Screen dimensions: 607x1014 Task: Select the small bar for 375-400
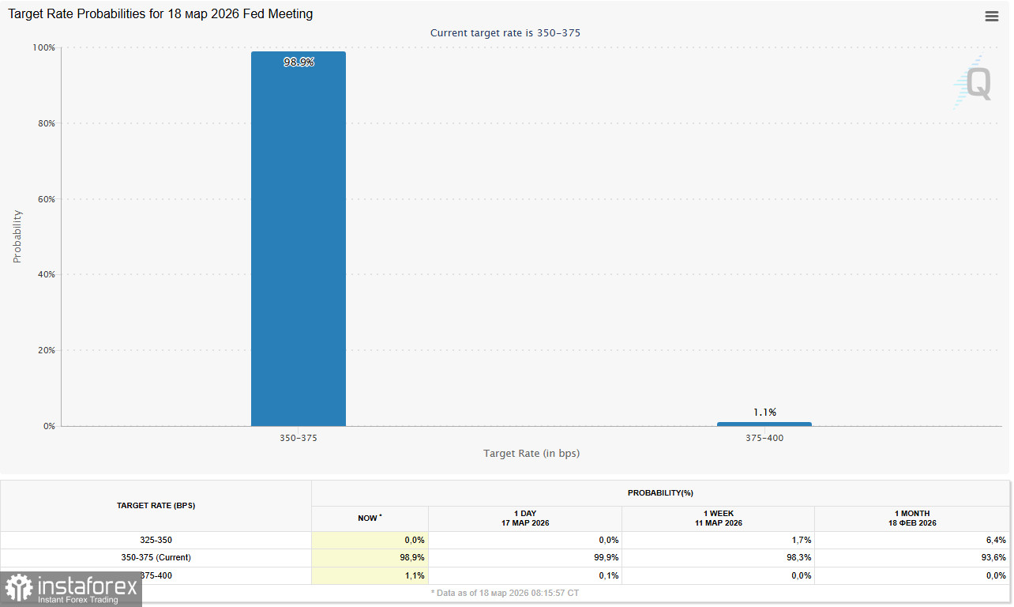(764, 424)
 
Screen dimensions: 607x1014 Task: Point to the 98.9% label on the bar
(299, 62)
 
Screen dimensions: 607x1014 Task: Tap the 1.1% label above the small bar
(764, 412)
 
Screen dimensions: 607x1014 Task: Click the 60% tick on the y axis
(44, 199)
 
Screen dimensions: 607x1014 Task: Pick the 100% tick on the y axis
(43, 47)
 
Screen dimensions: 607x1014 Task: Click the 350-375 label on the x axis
(299, 438)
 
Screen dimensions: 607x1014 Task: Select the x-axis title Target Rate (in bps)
(531, 454)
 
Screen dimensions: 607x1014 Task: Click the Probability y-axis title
(17, 236)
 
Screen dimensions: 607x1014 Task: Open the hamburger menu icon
(992, 17)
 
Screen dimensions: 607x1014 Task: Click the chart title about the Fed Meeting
(160, 14)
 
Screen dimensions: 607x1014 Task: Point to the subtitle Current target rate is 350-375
(505, 33)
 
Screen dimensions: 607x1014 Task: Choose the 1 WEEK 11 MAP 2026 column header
(719, 518)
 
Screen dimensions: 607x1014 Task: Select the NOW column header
(369, 518)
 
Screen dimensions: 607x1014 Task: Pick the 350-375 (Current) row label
(156, 558)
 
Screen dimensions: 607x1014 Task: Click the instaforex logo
(71, 589)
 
